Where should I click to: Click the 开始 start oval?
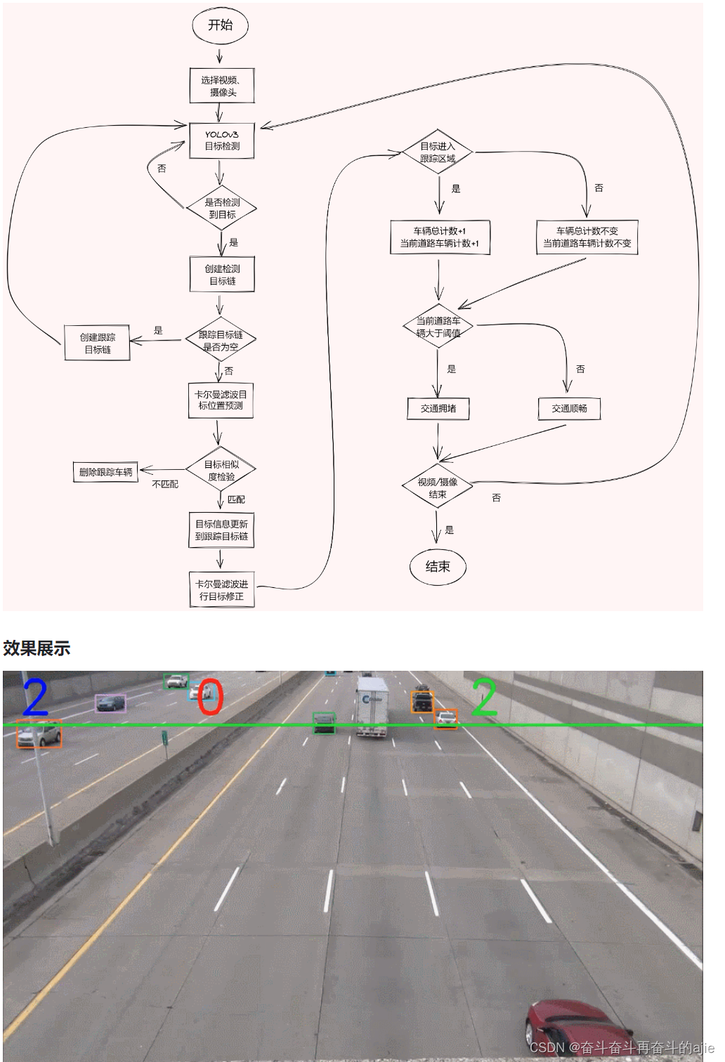[x=220, y=25]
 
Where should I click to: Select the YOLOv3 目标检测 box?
[x=221, y=140]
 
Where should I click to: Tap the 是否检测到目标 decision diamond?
[x=222, y=209]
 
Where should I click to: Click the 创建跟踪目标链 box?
[x=98, y=343]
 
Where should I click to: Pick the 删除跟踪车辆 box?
[x=105, y=472]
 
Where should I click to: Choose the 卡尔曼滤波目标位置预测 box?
[x=221, y=400]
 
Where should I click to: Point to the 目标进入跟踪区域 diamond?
[x=438, y=152]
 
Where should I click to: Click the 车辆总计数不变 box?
[x=587, y=237]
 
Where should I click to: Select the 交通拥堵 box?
[x=438, y=409]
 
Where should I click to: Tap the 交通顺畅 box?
[x=569, y=409]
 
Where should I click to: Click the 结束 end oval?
[x=438, y=567]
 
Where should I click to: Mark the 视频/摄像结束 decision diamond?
[x=437, y=488]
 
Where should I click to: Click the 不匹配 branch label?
[x=165, y=485]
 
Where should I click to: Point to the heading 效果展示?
[x=37, y=648]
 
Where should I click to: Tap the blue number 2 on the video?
[x=35, y=697]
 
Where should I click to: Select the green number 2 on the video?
[x=485, y=697]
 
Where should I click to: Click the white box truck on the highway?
[x=372, y=706]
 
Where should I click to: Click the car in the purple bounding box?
[x=110, y=703]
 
